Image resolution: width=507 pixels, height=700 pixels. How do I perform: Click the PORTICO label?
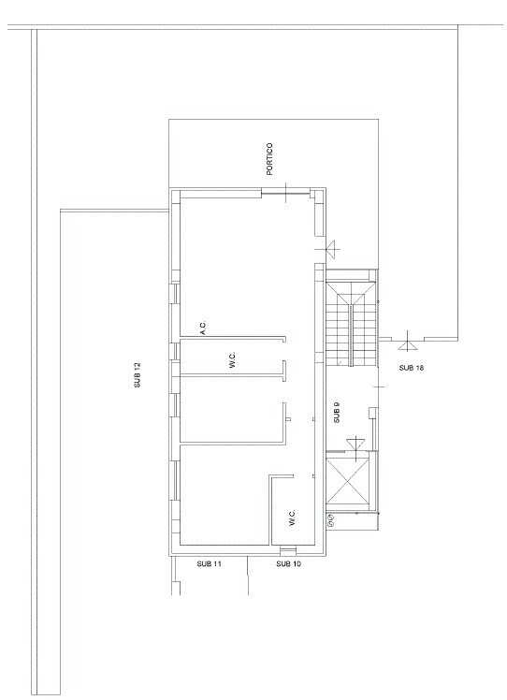tap(269, 158)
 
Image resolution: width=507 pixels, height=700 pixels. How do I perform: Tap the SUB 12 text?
tap(138, 374)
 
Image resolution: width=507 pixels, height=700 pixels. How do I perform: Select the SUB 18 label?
tap(411, 368)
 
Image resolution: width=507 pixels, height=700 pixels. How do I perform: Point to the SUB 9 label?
tap(337, 413)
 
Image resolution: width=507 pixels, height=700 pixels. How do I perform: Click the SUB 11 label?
tap(209, 564)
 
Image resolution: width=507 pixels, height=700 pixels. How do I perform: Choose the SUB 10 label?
tap(288, 564)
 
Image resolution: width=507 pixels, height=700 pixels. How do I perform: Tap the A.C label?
tap(203, 328)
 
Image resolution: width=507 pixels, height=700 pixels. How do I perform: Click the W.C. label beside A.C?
tap(232, 359)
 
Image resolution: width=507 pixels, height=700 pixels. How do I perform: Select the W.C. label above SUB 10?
tap(292, 518)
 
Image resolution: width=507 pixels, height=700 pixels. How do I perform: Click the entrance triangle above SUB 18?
tap(408, 345)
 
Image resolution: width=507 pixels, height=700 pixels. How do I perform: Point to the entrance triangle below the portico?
tap(332, 248)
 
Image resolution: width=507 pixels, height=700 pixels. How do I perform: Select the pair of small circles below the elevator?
tap(331, 519)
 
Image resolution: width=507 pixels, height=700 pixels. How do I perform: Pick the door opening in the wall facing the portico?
tap(285, 193)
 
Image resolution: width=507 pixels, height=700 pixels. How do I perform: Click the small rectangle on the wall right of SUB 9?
tap(372, 413)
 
